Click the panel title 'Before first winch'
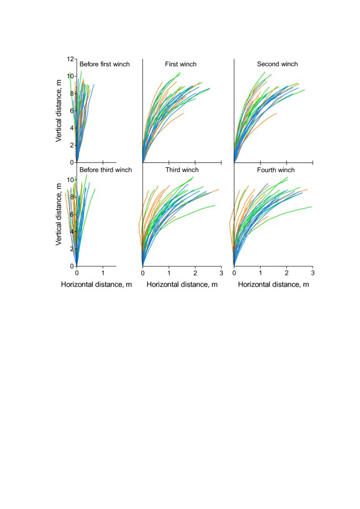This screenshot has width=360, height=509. coord(104,64)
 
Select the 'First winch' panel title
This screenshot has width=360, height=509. coord(180,64)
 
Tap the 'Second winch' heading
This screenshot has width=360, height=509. coord(277,64)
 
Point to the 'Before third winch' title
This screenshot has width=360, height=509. coord(105,170)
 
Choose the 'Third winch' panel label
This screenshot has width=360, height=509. coord(181,170)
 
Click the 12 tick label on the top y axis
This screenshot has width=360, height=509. coord(70,59)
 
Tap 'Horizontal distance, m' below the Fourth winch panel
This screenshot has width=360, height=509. coord(273,284)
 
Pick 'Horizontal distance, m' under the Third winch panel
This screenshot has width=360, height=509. coord(181,284)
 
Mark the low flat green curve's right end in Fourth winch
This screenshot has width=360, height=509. coord(312,206)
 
